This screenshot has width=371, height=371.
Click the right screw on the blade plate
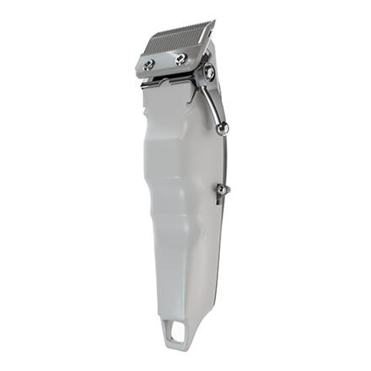pyautogui.click(x=180, y=58)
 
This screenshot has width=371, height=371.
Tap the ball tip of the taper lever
pyautogui.click(x=223, y=128)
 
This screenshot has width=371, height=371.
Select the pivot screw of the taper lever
pyautogui.click(x=209, y=74)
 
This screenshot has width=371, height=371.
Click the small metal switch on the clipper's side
pyautogui.click(x=222, y=192)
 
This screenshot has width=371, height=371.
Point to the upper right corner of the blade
pyautogui.click(x=213, y=23)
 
